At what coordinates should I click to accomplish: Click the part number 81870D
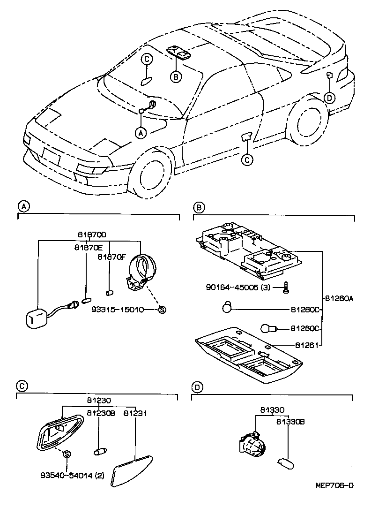click(x=92, y=235)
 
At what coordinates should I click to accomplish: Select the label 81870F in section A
click(x=112, y=257)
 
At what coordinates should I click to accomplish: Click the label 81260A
click(x=339, y=297)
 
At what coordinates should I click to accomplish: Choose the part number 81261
click(x=307, y=345)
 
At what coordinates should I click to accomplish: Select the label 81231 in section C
click(x=135, y=413)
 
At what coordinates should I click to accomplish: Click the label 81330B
click(x=290, y=422)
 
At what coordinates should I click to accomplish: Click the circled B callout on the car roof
click(x=175, y=77)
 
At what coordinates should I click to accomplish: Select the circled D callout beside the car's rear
click(x=330, y=97)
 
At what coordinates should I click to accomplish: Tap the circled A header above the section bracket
click(x=22, y=206)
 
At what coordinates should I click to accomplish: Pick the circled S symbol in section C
click(x=67, y=454)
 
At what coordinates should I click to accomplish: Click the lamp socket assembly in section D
click(x=253, y=444)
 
